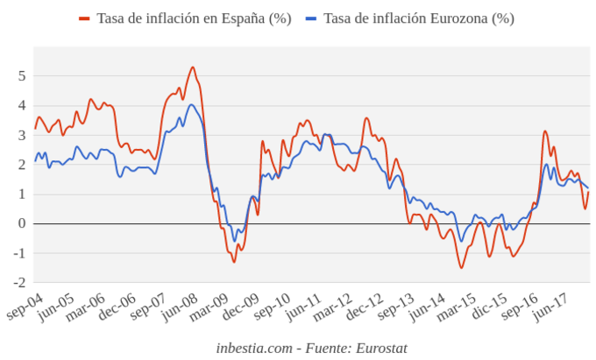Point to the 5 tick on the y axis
tap(22, 75)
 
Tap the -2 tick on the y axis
tap(19, 283)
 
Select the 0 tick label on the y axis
tap(22, 223)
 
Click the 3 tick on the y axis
tap(22, 135)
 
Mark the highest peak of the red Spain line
tap(193, 67)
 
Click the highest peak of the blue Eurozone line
tap(191, 105)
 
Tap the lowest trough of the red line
tap(462, 267)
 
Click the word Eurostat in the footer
tap(381, 348)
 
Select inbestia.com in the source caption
tap(254, 348)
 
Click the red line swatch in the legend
tap(84, 18)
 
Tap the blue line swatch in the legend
tap(311, 18)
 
